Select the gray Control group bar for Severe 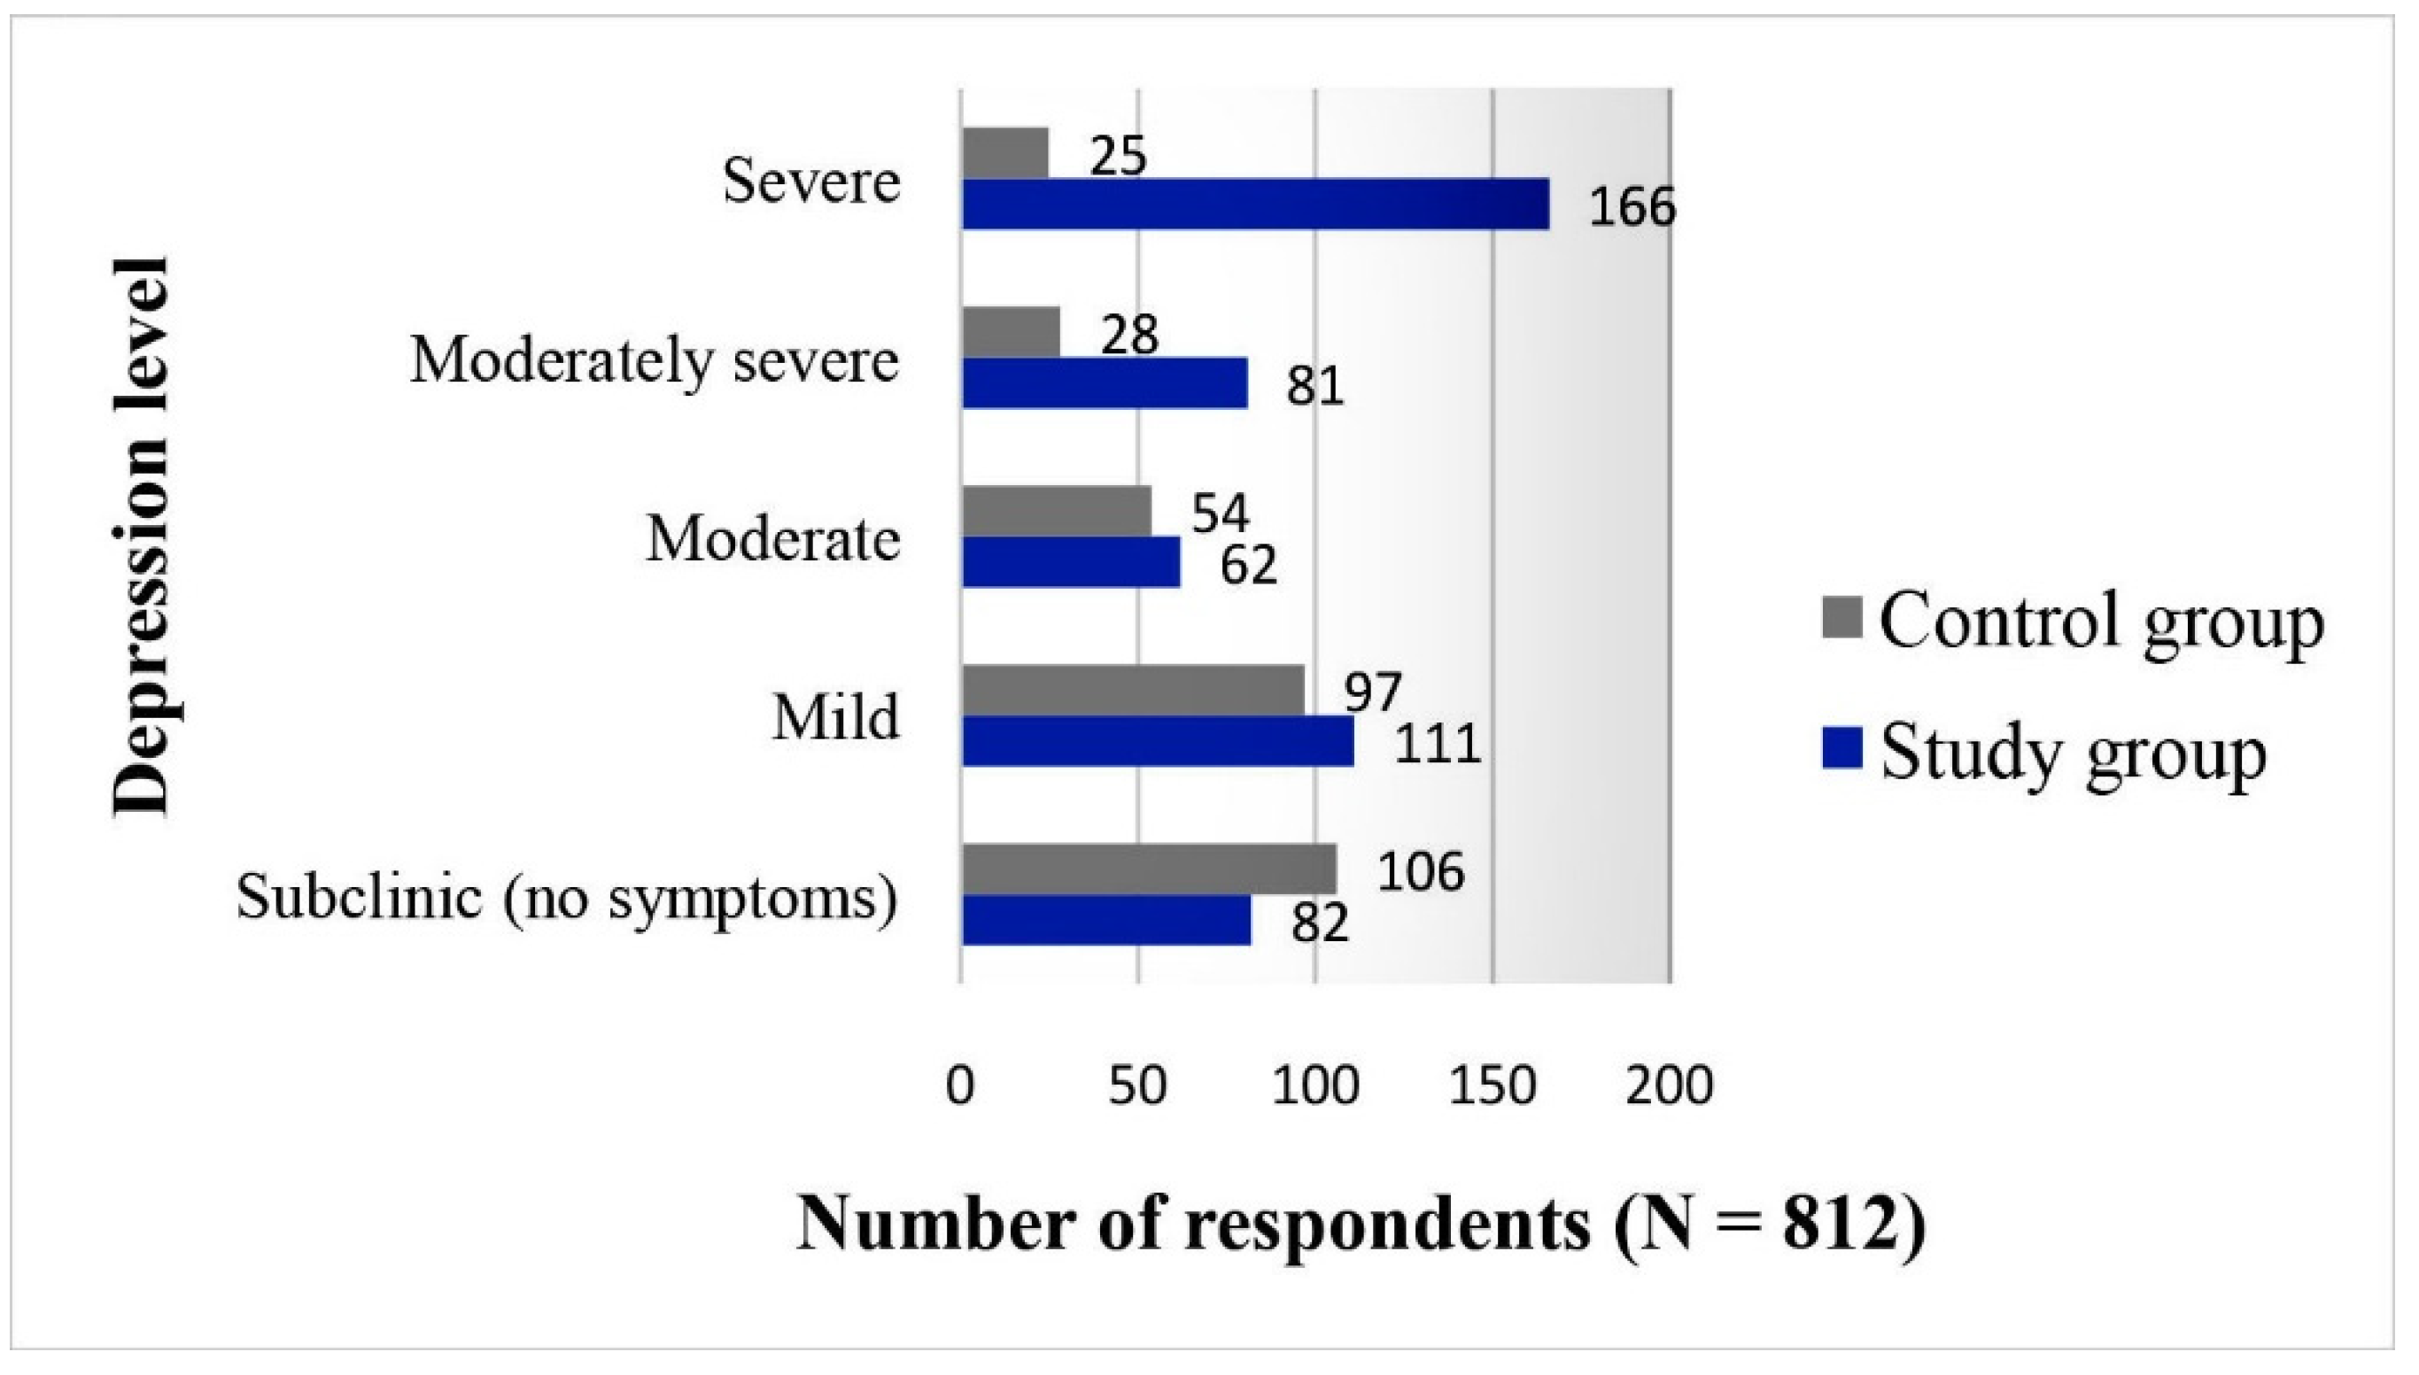[1005, 153]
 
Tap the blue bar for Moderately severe [1105, 382]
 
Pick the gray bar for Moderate [1056, 511]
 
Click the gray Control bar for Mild [1133, 691]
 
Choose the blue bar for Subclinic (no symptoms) [1106, 920]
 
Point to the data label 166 [1632, 207]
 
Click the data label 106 [1421, 870]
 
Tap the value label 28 [1129, 335]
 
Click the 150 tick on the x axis [1492, 1087]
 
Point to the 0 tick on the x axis [959, 1087]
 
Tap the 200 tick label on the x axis [1669, 1087]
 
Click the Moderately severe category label [654, 362]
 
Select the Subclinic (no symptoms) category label [567, 896]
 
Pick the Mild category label [835, 718]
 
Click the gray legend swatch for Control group [1841, 619]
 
